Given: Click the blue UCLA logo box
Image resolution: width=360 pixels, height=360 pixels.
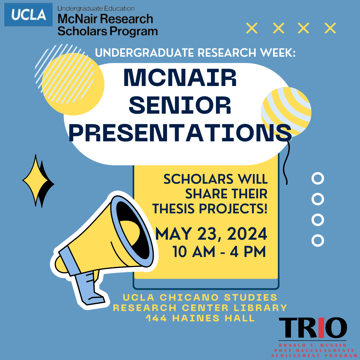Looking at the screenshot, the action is (x=28, y=14).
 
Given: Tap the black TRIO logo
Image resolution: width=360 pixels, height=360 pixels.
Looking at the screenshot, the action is (x=313, y=328).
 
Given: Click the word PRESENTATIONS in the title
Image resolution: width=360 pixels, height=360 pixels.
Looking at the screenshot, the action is (x=180, y=133).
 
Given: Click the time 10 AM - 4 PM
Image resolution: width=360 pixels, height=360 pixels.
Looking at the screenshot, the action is (x=219, y=252).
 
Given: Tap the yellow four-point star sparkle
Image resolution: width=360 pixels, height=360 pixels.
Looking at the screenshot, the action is (x=36, y=180).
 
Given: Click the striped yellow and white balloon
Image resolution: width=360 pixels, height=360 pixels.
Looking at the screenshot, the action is (x=286, y=112).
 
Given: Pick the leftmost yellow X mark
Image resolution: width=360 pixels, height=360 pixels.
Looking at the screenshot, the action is (x=252, y=28).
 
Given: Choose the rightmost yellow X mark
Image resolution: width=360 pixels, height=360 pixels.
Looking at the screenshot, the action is (x=330, y=28).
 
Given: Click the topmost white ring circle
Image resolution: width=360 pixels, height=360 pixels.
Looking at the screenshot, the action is (x=318, y=178).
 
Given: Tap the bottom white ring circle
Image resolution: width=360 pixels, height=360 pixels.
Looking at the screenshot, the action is (x=318, y=240).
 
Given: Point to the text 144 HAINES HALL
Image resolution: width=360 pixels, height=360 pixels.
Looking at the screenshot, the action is (x=200, y=318).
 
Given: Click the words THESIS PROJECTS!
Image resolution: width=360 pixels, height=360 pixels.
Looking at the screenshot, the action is (x=210, y=209).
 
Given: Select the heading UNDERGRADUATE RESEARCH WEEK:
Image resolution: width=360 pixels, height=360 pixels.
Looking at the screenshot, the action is (x=195, y=53).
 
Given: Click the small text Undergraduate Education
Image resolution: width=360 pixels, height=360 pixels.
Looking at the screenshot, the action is (x=96, y=8).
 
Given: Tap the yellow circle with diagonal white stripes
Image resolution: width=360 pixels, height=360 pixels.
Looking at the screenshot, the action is (x=73, y=84).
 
